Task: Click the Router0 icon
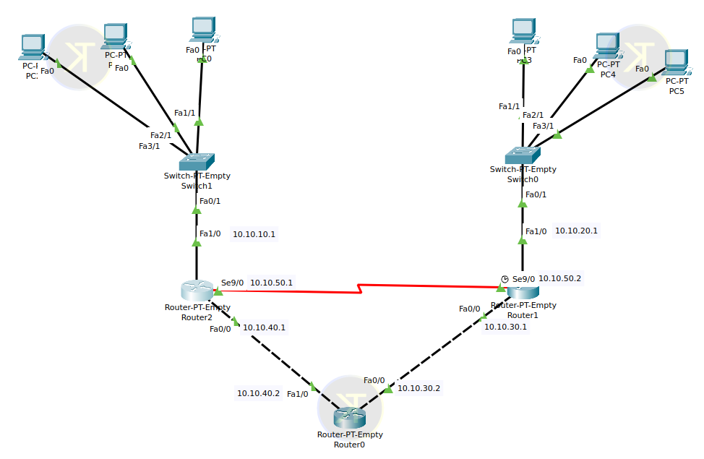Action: click(350, 416)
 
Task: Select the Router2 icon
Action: click(197, 291)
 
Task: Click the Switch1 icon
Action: click(197, 160)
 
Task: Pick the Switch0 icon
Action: click(523, 155)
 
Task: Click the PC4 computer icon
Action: click(606, 47)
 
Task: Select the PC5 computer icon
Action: click(675, 64)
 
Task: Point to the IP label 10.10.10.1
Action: click(254, 234)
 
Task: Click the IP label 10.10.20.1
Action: click(576, 231)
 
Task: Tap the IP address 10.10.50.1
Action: click(272, 282)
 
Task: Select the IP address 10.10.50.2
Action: click(560, 278)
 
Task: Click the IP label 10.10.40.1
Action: click(264, 327)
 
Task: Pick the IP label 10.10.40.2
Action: click(258, 393)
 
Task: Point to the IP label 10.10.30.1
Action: click(505, 327)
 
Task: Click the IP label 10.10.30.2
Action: click(418, 388)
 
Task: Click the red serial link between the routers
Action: click(361, 290)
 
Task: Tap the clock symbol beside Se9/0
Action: click(505, 279)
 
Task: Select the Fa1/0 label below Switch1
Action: click(210, 233)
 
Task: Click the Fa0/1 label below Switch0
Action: click(536, 194)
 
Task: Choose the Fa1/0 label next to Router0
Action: click(297, 394)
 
